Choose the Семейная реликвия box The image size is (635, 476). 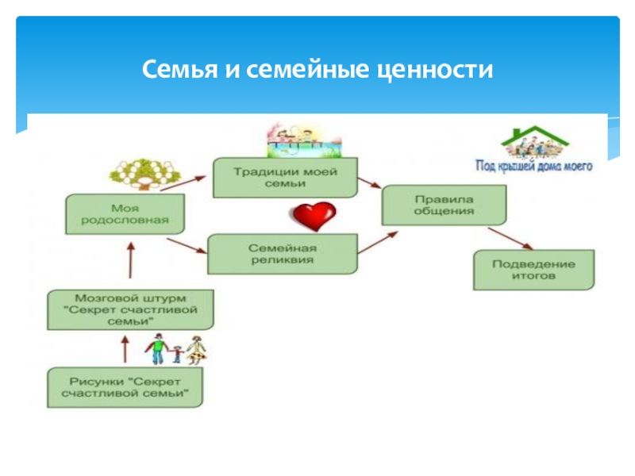282,253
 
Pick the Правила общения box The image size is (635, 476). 444,205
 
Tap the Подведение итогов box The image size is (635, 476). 534,271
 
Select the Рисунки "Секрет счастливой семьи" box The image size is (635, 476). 125,387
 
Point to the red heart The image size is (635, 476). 312,215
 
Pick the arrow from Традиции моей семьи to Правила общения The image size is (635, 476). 369,184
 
